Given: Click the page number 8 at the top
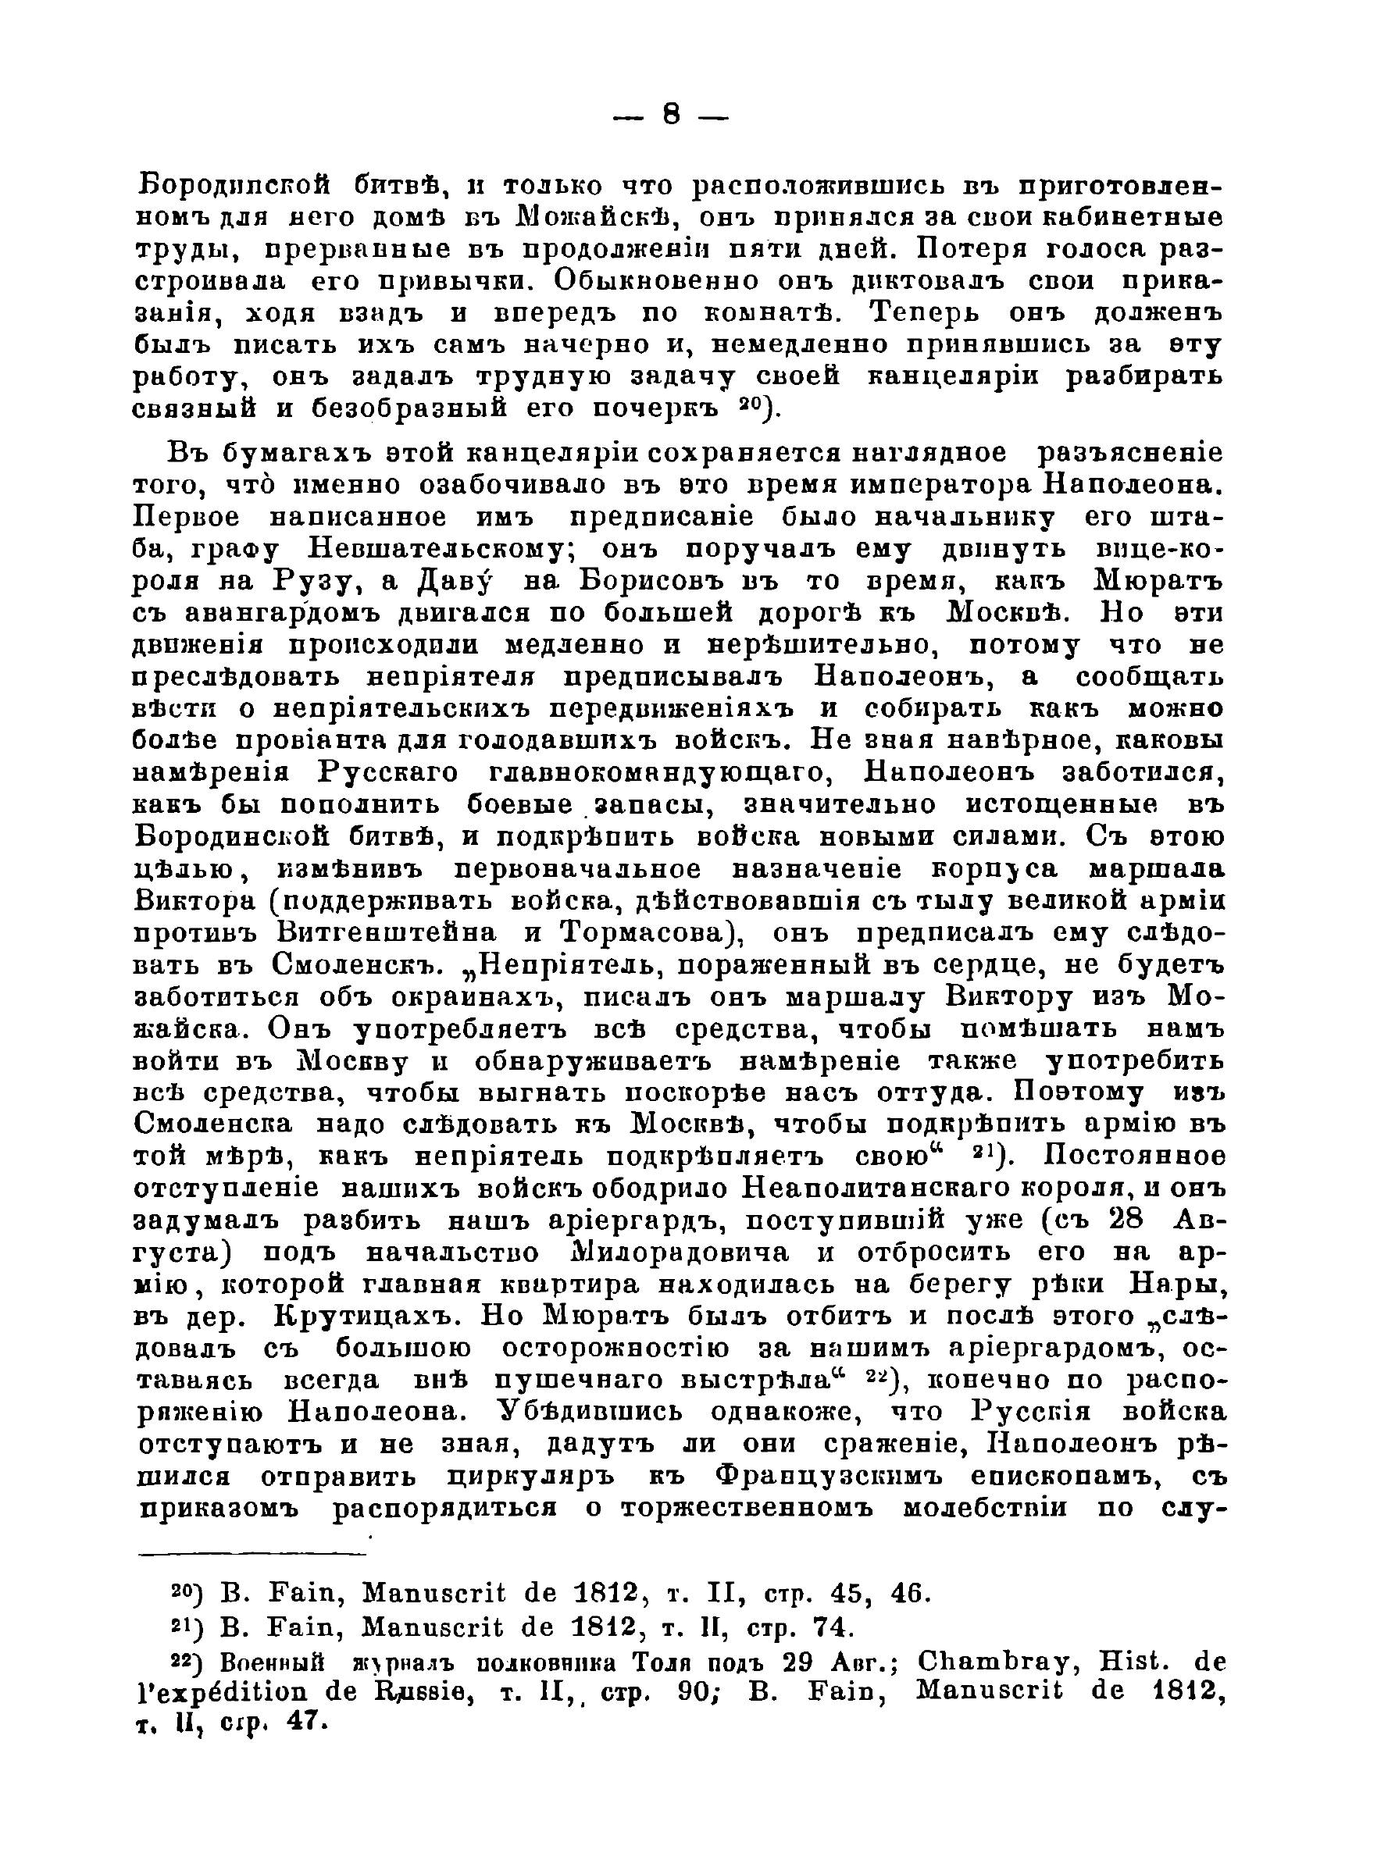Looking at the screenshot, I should [669, 114].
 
